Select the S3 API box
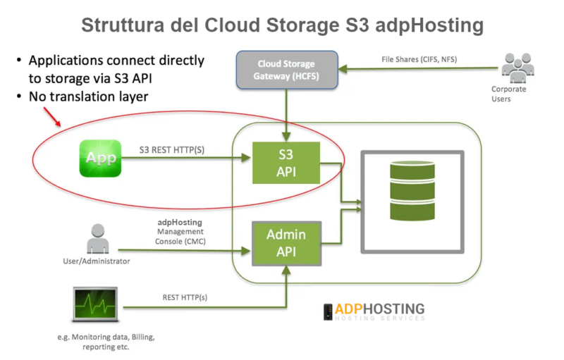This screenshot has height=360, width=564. [286, 163]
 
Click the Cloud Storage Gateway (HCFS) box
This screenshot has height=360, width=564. [286, 68]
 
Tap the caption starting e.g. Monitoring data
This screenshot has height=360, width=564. [97, 342]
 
